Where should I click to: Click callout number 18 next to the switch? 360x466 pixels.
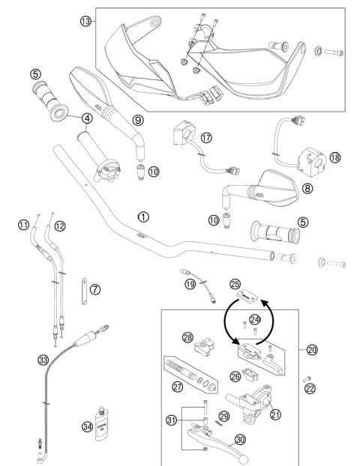pos(334,157)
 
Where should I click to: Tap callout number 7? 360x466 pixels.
pos(95,288)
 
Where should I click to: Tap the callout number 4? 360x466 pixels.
pos(88,118)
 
